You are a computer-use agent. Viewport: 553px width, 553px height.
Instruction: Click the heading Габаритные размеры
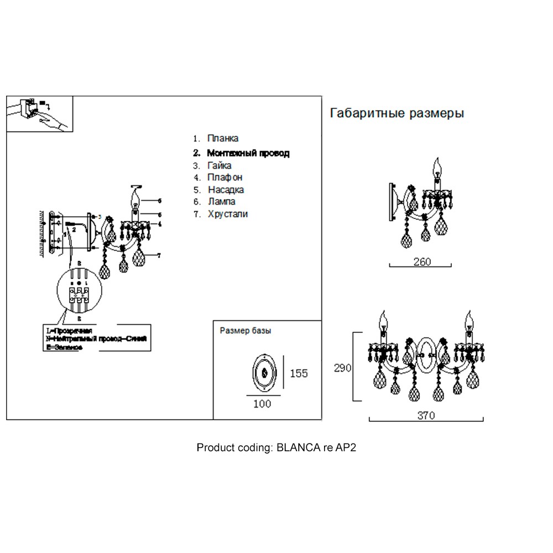click(x=397, y=113)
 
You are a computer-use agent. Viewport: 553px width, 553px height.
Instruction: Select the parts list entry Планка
click(x=223, y=139)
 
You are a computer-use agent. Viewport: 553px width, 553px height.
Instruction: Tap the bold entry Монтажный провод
click(x=248, y=153)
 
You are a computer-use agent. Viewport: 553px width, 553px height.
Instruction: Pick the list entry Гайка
click(x=220, y=165)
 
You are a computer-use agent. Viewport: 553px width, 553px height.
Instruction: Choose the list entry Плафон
click(x=225, y=178)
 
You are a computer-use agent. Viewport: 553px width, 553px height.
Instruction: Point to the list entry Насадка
click(x=226, y=190)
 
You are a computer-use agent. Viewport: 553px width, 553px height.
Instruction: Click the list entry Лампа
click(x=222, y=202)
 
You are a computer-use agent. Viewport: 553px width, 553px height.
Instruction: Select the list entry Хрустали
click(x=227, y=214)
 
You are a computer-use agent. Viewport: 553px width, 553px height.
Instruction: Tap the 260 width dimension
click(x=422, y=262)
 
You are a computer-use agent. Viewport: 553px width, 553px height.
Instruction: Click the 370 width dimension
click(x=426, y=415)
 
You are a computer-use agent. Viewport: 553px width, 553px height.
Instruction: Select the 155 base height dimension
click(x=299, y=374)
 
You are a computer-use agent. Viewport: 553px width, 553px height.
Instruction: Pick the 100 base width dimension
click(x=262, y=404)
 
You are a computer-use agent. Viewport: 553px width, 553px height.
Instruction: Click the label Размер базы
click(x=246, y=331)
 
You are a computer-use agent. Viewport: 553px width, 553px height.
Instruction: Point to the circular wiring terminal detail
click(x=80, y=291)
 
